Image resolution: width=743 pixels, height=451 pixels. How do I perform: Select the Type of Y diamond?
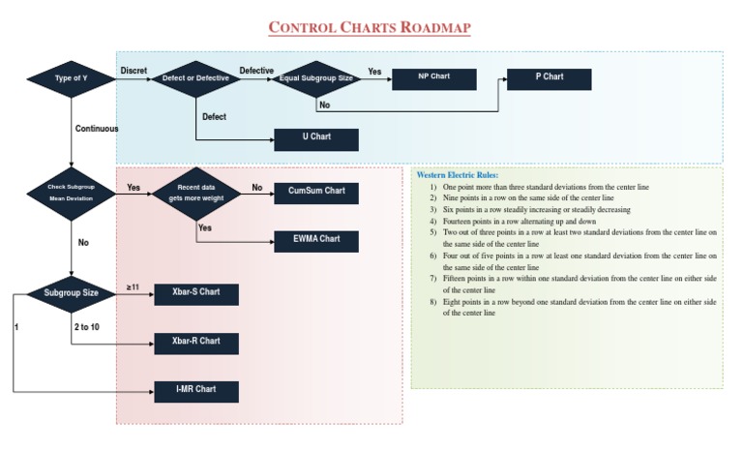tap(72, 78)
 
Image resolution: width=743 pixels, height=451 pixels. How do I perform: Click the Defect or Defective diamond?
tap(195, 78)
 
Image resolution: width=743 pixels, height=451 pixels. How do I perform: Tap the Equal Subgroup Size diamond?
tap(316, 78)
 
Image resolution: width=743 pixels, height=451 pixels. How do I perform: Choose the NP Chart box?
tap(433, 78)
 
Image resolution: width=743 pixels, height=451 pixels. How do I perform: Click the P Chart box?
tap(549, 78)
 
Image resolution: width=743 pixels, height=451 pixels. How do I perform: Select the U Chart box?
tap(316, 138)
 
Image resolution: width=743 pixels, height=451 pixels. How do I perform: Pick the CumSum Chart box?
tap(316, 192)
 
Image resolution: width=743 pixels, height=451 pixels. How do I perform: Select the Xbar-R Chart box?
tap(196, 343)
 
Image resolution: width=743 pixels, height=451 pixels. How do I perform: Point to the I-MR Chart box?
tap(196, 391)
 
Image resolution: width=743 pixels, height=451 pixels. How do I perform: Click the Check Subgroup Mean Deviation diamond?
tap(72, 192)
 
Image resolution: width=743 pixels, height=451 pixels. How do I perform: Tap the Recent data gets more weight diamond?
tap(195, 192)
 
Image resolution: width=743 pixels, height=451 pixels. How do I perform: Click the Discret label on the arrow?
tap(134, 71)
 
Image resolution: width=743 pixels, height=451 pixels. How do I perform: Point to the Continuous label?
tap(97, 128)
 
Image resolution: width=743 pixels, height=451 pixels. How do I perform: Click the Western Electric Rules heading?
tap(458, 174)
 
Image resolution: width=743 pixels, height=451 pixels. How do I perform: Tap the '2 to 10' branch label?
tap(86, 327)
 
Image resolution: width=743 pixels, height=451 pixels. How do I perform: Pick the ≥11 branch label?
tap(134, 287)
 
